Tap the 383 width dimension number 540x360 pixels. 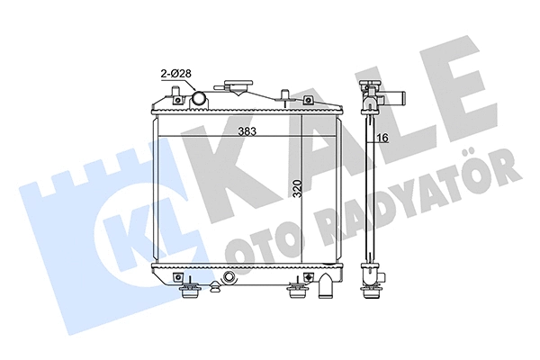(247, 132)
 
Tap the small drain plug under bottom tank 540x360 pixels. (213, 290)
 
